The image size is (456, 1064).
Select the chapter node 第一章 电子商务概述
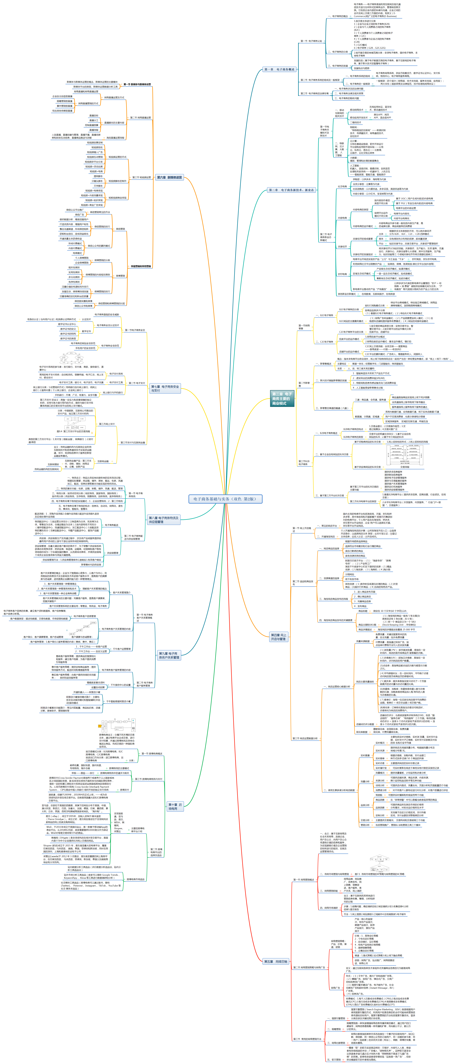(279, 69)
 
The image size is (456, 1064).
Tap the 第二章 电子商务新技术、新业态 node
(291, 190)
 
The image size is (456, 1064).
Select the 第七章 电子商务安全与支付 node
(165, 388)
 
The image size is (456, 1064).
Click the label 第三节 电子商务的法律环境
(315, 93)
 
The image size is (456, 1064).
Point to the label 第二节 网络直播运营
(140, 118)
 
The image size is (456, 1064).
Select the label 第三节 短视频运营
(141, 178)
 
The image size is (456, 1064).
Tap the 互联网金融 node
(103, 461)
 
